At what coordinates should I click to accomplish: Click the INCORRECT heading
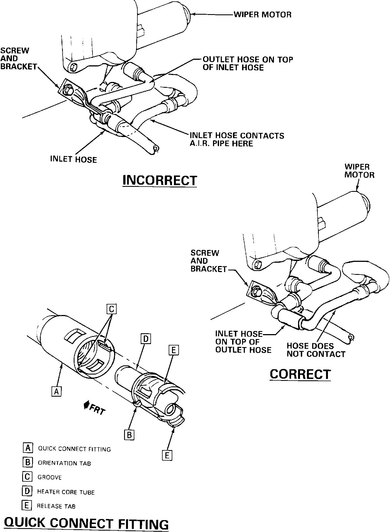click(160, 180)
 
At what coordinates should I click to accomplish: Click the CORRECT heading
click(300, 374)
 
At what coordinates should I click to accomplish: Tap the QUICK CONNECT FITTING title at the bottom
click(86, 522)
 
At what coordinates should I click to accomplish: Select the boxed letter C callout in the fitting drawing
click(111, 309)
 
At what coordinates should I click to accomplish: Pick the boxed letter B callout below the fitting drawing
click(129, 435)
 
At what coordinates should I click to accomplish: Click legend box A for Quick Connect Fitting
click(28, 448)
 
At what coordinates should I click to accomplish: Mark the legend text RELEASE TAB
click(56, 506)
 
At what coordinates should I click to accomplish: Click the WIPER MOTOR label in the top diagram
click(263, 14)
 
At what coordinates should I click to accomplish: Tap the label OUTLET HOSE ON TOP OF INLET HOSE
click(248, 63)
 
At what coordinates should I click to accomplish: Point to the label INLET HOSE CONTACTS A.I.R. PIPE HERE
click(237, 139)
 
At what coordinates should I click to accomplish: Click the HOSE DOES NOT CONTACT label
click(316, 350)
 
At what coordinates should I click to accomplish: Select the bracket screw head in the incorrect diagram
click(68, 90)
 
